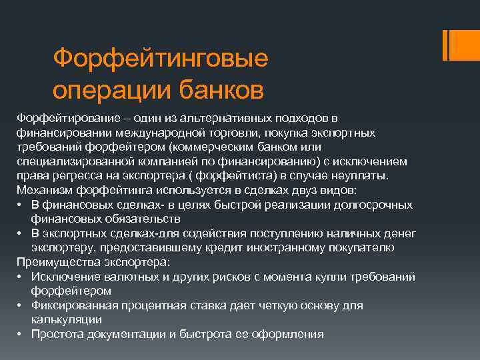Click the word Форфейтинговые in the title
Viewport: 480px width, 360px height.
[x=160, y=58]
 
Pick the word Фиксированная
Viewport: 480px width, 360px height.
[x=75, y=305]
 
